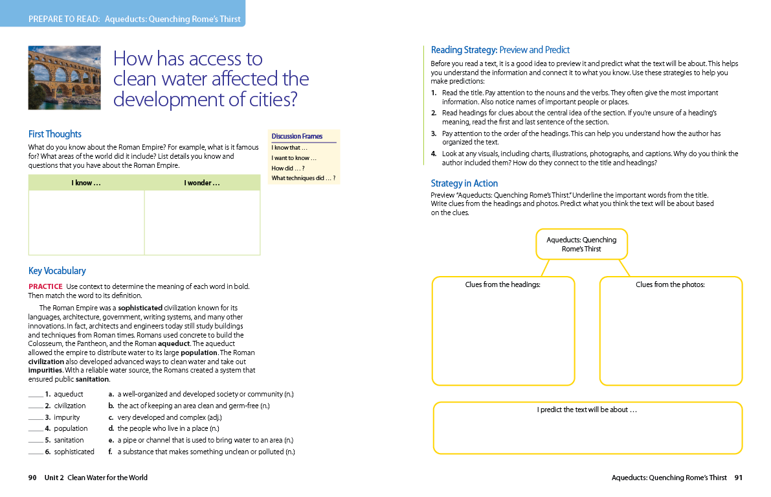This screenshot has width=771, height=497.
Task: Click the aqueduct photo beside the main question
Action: [64, 77]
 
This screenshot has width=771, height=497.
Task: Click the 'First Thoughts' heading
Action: [55, 134]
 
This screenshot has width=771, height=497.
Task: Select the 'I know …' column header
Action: [86, 183]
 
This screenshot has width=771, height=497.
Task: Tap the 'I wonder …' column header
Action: [202, 183]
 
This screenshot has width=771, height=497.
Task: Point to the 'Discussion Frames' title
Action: [296, 136]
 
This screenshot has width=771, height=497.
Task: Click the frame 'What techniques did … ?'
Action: [303, 178]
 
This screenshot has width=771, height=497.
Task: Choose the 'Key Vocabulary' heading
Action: [57, 271]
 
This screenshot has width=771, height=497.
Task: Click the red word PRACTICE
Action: [45, 286]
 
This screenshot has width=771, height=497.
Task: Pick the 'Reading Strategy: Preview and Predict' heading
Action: [500, 50]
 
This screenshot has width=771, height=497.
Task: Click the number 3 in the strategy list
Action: [434, 133]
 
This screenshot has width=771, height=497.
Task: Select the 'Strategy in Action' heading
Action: [464, 183]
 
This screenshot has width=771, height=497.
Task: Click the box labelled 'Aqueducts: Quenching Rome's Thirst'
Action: [581, 244]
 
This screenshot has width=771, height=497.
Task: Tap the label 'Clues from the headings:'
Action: [502, 284]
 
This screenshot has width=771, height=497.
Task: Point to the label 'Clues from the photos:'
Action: [670, 284]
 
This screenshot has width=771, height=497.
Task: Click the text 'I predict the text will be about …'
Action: [587, 410]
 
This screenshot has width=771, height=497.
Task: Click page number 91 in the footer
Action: [739, 478]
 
